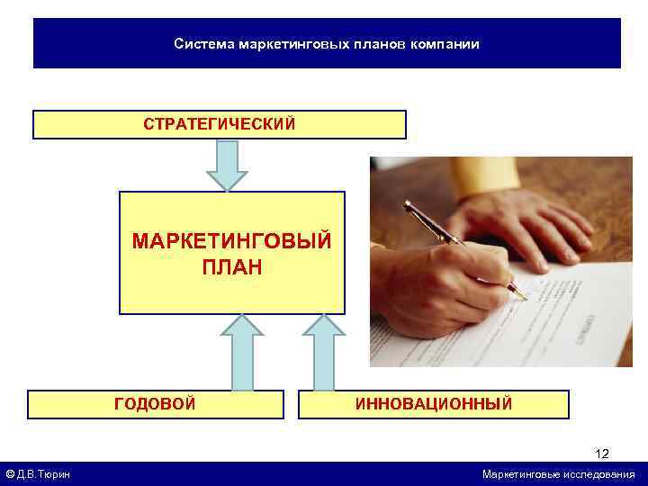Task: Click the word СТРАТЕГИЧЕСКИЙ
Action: (x=219, y=123)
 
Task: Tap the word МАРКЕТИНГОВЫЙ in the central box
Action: (x=231, y=241)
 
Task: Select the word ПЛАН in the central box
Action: (x=231, y=267)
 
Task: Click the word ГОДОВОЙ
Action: (x=155, y=403)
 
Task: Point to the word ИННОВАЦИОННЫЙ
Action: (x=434, y=403)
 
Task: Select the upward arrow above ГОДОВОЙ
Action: (x=238, y=351)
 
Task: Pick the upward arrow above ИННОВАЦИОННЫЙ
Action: (x=324, y=351)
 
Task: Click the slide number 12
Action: (x=602, y=454)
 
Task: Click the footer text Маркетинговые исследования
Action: (x=558, y=474)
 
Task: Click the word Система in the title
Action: (x=203, y=43)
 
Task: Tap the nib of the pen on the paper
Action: (x=519, y=293)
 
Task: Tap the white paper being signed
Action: (x=567, y=315)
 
